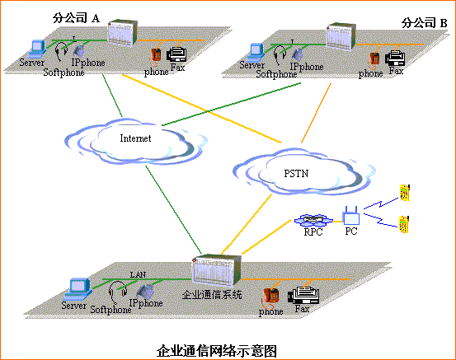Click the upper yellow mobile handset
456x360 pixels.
(403, 192)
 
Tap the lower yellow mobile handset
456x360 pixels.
(404, 223)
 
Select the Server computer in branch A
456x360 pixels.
(35, 49)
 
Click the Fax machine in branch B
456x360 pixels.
(395, 58)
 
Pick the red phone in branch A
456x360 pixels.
(155, 55)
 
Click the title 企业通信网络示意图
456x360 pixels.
(216, 349)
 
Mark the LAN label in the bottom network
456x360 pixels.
(138, 273)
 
